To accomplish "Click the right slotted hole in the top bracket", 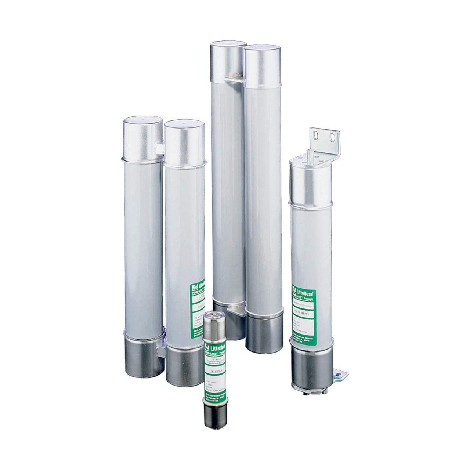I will pos(332,137).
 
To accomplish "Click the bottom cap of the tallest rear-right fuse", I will pos(264,334).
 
